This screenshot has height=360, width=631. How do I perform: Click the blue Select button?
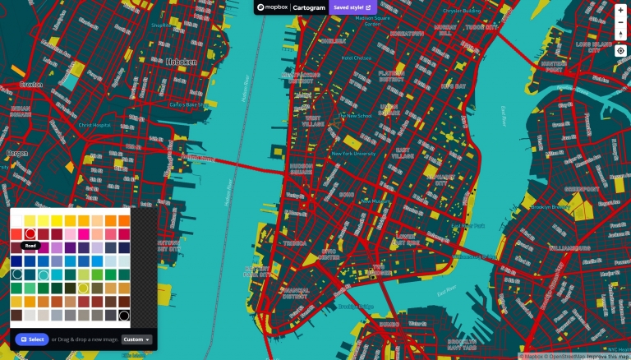[32, 339]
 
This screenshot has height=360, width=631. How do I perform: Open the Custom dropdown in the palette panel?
[137, 339]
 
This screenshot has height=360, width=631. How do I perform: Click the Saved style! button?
[351, 7]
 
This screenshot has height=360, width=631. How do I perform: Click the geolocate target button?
[620, 51]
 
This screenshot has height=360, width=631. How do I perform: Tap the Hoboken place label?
[180, 62]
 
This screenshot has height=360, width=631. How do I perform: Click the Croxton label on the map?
[31, 85]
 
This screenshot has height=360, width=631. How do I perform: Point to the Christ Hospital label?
[94, 125]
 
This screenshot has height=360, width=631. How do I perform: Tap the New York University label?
[353, 154]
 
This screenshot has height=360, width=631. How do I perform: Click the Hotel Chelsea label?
[357, 58]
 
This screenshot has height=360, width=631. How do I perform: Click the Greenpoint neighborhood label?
[583, 188]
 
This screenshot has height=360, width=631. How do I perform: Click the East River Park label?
[447, 289]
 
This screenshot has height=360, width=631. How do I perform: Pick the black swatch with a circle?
[124, 315]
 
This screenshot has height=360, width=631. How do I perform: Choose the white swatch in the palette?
[16, 220]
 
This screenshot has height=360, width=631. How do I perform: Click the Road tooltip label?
[30, 245]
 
